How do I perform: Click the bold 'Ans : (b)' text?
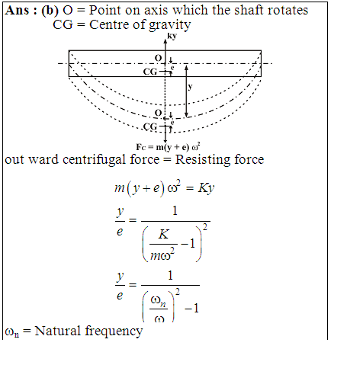coord(32,11)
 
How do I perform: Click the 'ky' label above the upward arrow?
coord(172,36)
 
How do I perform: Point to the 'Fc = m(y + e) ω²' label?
coord(168,147)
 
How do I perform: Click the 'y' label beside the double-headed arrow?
coord(190,87)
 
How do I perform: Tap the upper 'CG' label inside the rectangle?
coord(150,72)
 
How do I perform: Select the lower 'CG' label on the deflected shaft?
coord(150,126)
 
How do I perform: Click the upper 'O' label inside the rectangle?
coord(159,58)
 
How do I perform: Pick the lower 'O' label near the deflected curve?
coord(159,113)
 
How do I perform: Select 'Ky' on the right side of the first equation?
coord(206,188)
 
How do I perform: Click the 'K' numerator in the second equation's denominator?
coord(163,234)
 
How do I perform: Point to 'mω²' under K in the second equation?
coord(162,255)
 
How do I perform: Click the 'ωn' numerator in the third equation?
coord(159,301)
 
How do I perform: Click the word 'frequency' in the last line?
coord(114,331)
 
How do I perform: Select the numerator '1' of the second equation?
coord(175,211)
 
